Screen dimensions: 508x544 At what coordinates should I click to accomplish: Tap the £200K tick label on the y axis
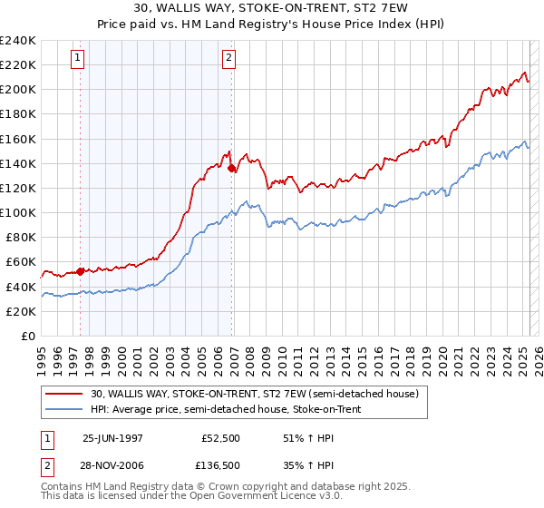(x=17, y=89)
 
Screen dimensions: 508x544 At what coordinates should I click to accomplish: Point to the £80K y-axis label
(x=20, y=237)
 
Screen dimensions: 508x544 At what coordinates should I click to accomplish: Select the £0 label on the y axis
(x=29, y=336)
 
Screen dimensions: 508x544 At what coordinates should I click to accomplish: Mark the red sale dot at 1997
(x=81, y=270)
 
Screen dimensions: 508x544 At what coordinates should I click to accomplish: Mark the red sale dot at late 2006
(x=232, y=168)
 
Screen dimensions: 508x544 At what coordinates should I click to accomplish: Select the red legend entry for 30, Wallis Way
(x=254, y=394)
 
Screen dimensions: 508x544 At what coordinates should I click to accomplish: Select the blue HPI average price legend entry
(x=227, y=409)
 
